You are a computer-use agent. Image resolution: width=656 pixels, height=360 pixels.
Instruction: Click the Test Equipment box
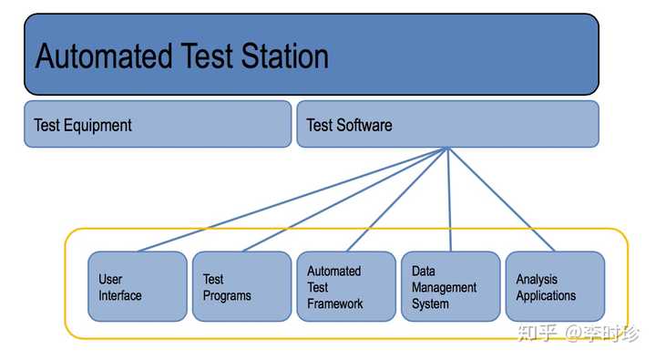tap(157, 124)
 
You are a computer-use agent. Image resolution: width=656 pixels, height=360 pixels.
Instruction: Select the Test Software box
tap(446, 124)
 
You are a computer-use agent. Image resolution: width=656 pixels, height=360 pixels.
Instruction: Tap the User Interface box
tap(137, 286)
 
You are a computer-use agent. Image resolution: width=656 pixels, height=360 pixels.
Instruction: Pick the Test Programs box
tap(241, 286)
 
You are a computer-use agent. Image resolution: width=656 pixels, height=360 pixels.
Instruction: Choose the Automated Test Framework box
tap(345, 286)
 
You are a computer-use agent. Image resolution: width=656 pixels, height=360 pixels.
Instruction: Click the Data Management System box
tap(450, 286)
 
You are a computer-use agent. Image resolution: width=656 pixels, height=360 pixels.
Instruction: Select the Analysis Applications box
tap(555, 286)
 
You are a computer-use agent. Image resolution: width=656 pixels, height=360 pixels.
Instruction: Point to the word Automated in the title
tap(99, 56)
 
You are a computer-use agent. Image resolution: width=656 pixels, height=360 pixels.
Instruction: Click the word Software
tap(364, 125)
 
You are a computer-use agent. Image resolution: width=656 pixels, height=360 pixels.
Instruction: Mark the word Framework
tap(334, 303)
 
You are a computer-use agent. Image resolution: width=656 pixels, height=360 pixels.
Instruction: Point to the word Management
tap(444, 287)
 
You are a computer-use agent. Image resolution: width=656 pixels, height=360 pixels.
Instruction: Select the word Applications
tap(546, 295)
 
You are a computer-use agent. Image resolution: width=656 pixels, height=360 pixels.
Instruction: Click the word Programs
tap(226, 295)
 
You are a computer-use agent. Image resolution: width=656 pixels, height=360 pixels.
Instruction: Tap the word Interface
tap(120, 295)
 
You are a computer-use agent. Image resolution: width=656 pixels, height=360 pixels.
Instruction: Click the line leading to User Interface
tap(292, 200)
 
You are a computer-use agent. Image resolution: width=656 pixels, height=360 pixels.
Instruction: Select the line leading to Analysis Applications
tap(501, 200)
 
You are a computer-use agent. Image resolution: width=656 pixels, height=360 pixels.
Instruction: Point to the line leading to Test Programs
tap(344, 200)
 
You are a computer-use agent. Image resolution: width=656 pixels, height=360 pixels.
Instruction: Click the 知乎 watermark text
tap(536, 333)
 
